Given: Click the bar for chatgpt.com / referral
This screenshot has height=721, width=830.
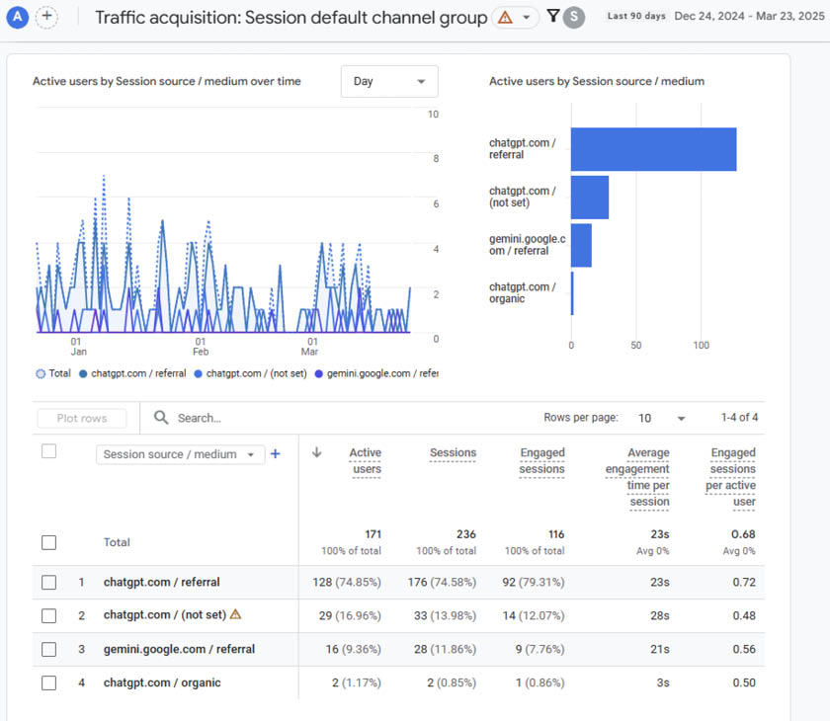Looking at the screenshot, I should [x=653, y=149].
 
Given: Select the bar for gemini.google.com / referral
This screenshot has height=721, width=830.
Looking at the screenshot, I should [x=581, y=245].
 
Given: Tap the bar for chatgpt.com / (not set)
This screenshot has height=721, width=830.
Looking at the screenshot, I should [x=590, y=198].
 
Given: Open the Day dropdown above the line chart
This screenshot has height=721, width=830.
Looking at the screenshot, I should [x=389, y=81].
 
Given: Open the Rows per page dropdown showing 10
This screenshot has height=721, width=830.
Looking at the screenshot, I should [x=661, y=418].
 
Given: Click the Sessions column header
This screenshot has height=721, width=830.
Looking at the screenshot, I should [x=453, y=453].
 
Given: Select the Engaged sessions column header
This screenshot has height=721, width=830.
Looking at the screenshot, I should [x=542, y=461].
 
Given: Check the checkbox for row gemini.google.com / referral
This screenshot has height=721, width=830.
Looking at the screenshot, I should [x=49, y=649].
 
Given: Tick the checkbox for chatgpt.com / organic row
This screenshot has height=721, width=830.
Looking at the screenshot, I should [x=49, y=682].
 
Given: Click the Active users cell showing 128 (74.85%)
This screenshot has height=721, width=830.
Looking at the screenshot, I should [x=347, y=582].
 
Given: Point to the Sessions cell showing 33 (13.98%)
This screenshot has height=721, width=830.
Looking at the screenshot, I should [x=442, y=615].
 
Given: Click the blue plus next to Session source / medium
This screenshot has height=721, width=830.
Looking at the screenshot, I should [x=276, y=454].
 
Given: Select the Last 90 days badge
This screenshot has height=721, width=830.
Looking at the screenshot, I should [x=636, y=17].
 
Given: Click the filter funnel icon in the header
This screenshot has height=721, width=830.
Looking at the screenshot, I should [x=552, y=17].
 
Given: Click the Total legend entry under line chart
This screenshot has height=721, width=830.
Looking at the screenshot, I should [x=53, y=373].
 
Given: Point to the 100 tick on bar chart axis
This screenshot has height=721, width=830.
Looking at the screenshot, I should [x=701, y=346].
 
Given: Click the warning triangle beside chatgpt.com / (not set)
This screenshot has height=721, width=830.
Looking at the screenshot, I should [x=235, y=614].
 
